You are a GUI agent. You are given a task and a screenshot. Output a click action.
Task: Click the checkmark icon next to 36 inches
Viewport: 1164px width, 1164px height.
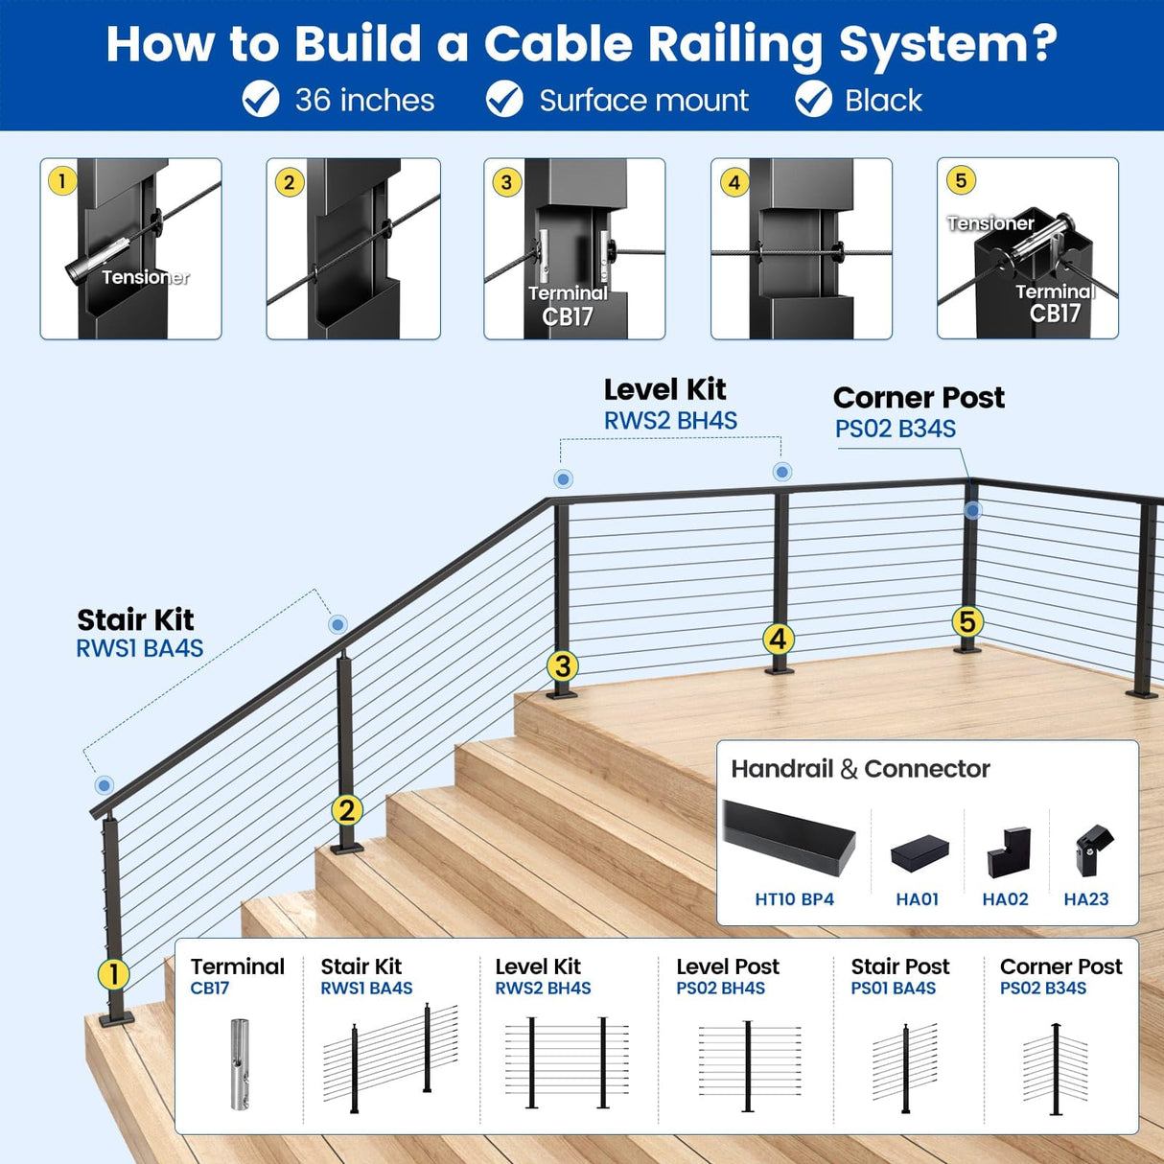coord(260,100)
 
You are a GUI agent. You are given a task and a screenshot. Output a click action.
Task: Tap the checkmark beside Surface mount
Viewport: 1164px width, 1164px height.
coord(504,100)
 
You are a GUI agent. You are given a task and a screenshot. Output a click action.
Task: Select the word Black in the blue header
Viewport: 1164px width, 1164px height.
coord(882,101)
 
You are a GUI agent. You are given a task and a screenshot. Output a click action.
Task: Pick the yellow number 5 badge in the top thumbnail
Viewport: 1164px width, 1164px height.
coord(961,180)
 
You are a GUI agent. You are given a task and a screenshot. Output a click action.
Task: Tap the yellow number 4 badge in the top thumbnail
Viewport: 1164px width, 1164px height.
coord(734,182)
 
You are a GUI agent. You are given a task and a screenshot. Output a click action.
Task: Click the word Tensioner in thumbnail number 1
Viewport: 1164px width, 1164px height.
coord(145,277)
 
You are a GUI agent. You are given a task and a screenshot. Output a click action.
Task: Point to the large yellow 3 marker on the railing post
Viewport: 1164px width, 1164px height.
coord(563,665)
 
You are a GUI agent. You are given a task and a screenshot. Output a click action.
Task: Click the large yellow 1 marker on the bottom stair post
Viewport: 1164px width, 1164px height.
coord(114,974)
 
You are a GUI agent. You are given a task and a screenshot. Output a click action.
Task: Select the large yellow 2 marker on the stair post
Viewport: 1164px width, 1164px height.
coord(347,810)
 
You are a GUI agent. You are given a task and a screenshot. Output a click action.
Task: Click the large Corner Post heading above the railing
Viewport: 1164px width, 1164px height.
coord(919,397)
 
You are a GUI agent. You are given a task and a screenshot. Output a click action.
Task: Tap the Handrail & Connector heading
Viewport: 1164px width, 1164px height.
coord(860,769)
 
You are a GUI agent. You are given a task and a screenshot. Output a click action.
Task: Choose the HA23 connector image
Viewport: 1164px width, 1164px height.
coord(1092,850)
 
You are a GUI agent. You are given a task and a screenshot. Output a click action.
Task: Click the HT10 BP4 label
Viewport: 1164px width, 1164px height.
coord(794,899)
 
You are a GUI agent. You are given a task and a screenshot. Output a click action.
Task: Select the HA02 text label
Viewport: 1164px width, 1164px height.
coord(1005,899)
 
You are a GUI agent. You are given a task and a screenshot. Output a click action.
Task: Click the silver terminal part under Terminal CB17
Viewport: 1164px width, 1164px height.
coord(240,1063)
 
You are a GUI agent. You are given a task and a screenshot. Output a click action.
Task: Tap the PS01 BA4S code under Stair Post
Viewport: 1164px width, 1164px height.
coord(893,989)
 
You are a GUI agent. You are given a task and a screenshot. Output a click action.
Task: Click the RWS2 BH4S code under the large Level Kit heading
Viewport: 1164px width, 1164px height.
coord(670,421)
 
